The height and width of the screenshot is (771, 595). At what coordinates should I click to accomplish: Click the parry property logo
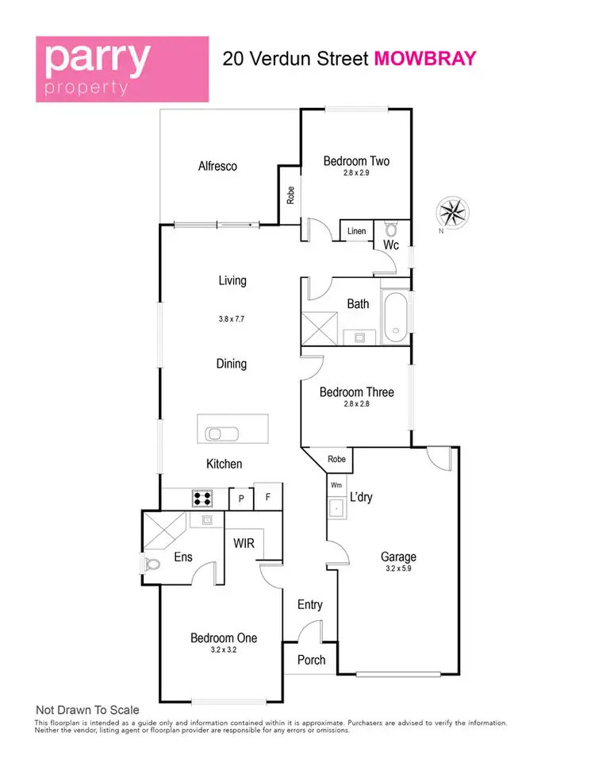121,68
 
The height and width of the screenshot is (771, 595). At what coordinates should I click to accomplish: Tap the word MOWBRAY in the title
425,58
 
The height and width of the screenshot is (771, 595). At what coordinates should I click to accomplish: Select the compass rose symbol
454,212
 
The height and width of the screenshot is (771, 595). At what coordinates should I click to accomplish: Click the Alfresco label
217,167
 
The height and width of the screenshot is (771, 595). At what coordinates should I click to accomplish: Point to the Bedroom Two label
356,161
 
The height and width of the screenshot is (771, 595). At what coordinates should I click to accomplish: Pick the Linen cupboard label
357,231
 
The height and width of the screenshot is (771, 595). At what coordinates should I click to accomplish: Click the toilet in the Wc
390,228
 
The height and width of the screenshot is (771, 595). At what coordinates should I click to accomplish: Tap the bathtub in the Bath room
395,318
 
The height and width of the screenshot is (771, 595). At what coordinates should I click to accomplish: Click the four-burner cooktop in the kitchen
202,499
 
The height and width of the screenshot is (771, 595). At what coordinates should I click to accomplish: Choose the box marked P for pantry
240,499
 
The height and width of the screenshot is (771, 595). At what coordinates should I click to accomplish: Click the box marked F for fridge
268,499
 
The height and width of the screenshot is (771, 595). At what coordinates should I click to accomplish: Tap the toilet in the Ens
152,565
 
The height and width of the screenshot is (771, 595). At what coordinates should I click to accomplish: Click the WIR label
243,544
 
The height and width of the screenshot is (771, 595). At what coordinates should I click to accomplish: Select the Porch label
310,661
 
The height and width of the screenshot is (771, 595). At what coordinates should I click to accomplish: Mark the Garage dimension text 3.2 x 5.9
397,569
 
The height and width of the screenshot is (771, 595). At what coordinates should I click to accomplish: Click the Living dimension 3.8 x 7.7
232,319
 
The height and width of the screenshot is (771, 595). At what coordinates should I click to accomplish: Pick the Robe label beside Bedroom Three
336,459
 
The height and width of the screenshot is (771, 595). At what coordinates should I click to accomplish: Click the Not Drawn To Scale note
87,710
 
